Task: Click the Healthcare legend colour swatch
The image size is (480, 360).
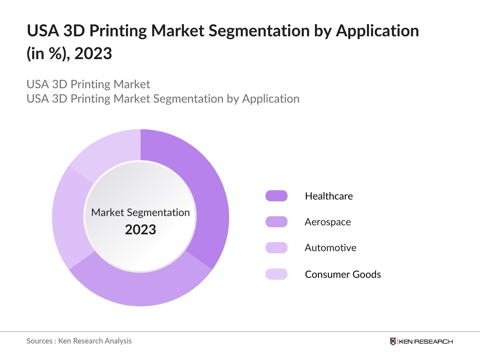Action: (276, 196)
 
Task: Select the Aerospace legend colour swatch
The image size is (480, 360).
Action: (276, 222)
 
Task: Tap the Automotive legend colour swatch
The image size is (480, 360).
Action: (276, 248)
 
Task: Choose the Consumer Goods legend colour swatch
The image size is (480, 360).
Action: (276, 274)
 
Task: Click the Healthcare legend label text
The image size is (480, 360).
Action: (329, 196)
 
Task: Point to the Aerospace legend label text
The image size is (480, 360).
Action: (328, 222)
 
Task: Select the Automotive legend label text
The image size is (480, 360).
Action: (330, 248)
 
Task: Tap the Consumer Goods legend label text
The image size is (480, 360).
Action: (343, 274)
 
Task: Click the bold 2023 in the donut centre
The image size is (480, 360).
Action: (140, 230)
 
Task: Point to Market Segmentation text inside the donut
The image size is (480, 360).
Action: (140, 212)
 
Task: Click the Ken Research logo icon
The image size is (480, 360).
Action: (393, 341)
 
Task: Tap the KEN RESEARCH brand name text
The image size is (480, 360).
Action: (426, 342)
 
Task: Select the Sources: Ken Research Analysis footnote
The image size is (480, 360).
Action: (79, 341)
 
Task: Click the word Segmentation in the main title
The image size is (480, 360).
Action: (259, 31)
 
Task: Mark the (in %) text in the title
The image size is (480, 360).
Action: (48, 54)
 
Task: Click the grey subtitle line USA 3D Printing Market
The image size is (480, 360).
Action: (88, 84)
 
